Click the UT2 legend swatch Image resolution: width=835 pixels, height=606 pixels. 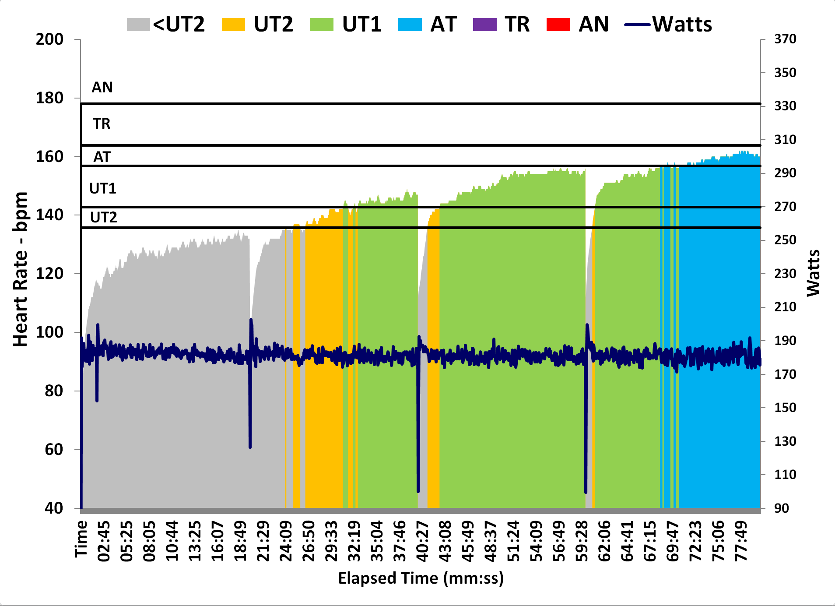[x=233, y=25]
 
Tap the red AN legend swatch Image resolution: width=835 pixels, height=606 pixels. [x=558, y=25]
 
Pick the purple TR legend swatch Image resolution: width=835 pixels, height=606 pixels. [x=484, y=25]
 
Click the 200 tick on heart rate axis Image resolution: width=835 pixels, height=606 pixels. [x=49, y=39]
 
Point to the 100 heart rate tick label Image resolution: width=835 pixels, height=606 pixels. [x=49, y=332]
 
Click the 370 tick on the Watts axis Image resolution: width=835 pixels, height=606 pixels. [x=785, y=39]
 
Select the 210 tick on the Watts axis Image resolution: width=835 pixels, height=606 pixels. [x=785, y=307]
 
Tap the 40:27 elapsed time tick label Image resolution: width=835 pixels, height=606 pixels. [x=422, y=541]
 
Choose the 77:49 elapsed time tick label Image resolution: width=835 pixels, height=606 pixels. [x=741, y=541]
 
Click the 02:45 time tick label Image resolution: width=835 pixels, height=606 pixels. [x=104, y=541]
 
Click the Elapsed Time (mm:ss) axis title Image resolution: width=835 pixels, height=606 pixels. [x=421, y=578]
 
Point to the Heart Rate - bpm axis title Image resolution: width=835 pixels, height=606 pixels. [x=20, y=269]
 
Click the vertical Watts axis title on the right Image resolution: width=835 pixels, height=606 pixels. [x=813, y=273]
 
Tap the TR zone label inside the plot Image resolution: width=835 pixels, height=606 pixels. [x=102, y=124]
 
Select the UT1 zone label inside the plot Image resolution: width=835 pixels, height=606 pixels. [x=102, y=189]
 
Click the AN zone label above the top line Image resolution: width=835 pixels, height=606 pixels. [x=102, y=88]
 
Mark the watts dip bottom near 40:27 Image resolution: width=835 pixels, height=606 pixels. [x=418, y=491]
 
